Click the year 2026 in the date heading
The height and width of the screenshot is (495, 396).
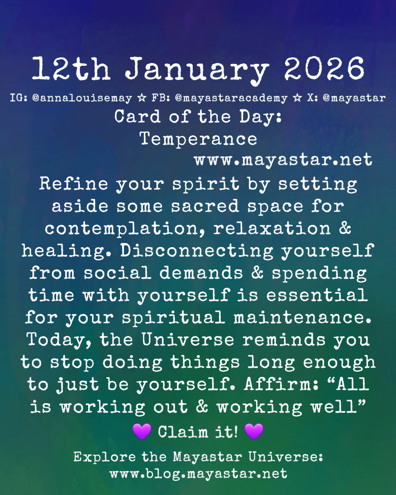324,68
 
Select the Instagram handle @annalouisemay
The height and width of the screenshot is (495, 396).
82,98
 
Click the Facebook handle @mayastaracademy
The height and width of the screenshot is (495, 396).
231,98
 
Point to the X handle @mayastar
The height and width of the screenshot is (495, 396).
354,98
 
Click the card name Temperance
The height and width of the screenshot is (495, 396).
198,139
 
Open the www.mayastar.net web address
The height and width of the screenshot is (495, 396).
283,159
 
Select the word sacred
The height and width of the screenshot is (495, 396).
205,206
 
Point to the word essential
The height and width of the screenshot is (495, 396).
317,295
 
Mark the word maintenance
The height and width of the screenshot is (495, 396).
302,317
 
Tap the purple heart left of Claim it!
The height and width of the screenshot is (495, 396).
142,432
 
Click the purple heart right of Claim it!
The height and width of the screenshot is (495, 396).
254,432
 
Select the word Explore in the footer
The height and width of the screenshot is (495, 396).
105,457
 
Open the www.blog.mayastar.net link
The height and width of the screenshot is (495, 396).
198,474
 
